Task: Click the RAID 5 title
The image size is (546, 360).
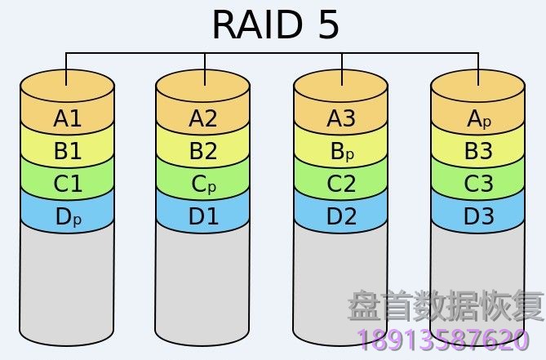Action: point(275,24)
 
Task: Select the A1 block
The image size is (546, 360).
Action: point(68,119)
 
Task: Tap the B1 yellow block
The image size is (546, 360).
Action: point(68,152)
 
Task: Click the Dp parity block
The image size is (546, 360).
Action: point(68,217)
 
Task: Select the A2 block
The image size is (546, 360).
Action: point(203,119)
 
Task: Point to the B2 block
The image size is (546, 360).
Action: point(203,152)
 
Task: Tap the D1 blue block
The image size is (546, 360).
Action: point(203,217)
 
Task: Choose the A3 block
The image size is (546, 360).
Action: point(341,119)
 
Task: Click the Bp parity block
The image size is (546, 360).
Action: point(341,152)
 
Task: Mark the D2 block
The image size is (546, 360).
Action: point(341,217)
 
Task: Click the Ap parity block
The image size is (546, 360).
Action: point(478,119)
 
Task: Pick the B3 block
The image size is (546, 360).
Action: point(478,152)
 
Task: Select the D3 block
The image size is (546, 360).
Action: point(478,217)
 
